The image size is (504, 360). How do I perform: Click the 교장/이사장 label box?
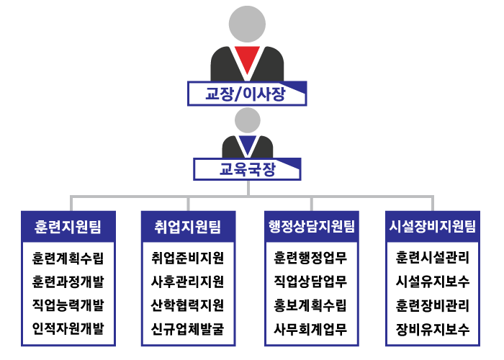tap(247, 94)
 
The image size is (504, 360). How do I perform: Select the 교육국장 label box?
tap(247, 169)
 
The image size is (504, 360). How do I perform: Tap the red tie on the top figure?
tap(247, 60)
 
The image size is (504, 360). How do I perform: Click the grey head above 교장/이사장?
tap(247, 24)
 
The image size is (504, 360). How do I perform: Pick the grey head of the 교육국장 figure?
tap(247, 120)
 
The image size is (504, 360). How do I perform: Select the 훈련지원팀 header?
tap(68, 227)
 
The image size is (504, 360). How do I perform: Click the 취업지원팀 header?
tap(189, 227)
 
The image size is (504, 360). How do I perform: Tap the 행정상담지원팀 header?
tap(312, 227)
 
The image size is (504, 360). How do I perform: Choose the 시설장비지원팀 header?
tap(433, 227)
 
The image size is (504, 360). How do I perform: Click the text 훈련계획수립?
tap(68, 258)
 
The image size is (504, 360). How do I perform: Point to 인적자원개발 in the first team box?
tap(68, 329)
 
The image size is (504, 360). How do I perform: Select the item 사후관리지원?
tap(188, 282)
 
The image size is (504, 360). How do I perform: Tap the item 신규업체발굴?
tap(188, 329)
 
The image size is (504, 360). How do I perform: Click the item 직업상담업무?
tap(310, 282)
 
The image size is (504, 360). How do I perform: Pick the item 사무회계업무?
tap(310, 329)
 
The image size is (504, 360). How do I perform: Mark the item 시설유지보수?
tap(433, 282)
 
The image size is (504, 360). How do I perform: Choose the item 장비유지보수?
tap(433, 329)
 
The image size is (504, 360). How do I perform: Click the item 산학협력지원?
tap(188, 305)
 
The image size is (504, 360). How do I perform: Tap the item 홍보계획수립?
tap(310, 305)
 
